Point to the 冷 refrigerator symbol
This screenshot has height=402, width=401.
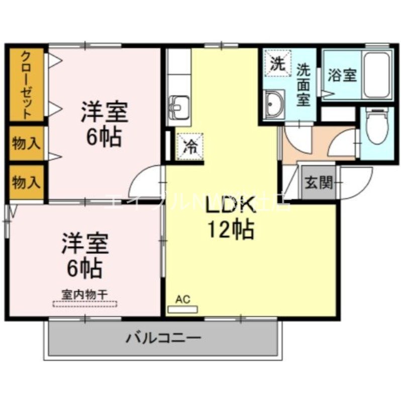tap(190, 146)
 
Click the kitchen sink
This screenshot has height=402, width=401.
tap(178, 106)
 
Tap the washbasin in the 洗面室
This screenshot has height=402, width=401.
tap(274, 104)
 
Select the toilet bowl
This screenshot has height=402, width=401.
tap(376, 125)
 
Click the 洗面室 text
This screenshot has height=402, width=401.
tap(303, 84)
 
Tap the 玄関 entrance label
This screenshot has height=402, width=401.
tap(319, 182)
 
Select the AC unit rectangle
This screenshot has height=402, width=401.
tap(183, 310)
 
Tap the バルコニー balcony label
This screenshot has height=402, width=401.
tap(163, 338)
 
